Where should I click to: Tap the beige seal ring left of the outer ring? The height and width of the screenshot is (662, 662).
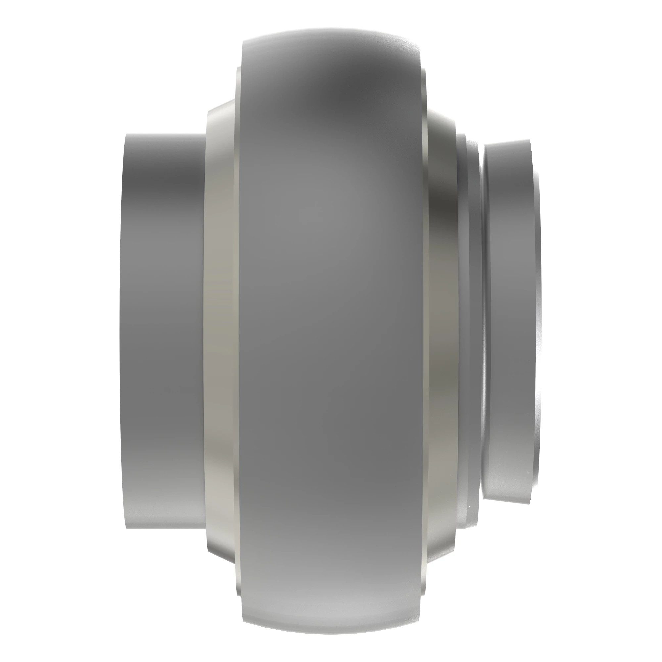click(221, 329)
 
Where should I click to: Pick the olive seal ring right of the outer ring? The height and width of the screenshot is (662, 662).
click(442, 329)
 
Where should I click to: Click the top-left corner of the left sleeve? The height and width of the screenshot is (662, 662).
click(127, 135)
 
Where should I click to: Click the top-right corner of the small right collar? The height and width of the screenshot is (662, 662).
click(529, 140)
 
